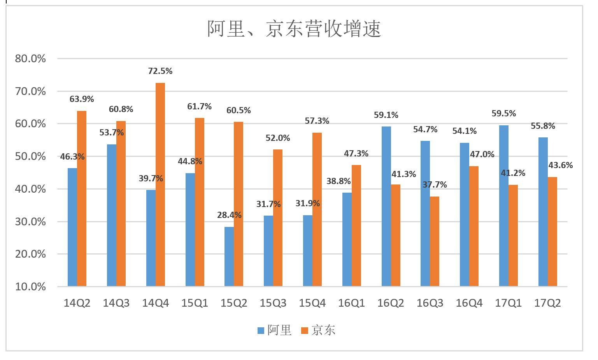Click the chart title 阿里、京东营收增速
[x=294, y=29]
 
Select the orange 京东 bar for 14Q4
[x=160, y=184]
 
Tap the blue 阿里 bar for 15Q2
[x=229, y=256]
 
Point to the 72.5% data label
[x=160, y=71]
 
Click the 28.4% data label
[x=229, y=215]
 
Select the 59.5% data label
[x=504, y=113]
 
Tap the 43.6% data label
[x=560, y=165]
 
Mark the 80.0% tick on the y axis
[x=30, y=58]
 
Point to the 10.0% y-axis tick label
[x=30, y=286]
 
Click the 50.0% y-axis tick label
[x=30, y=156]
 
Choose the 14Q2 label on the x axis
[x=77, y=303]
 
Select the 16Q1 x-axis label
[x=352, y=303]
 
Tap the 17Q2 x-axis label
[x=548, y=303]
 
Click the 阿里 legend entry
[x=275, y=330]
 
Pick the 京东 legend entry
[x=319, y=330]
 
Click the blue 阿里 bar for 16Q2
[x=386, y=206]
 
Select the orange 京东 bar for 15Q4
[x=317, y=209]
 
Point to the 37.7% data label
[x=435, y=184]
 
